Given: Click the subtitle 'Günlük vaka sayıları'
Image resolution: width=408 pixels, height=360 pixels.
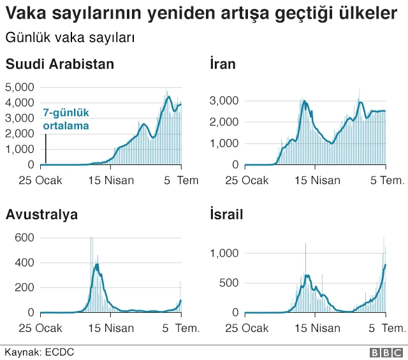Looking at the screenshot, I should (x=69, y=38).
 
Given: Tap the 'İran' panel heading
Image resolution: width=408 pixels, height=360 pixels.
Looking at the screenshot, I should (x=222, y=64).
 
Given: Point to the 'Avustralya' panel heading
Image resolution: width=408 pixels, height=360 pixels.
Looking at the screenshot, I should (x=42, y=215).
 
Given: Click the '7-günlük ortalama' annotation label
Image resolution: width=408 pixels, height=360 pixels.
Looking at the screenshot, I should (x=66, y=119).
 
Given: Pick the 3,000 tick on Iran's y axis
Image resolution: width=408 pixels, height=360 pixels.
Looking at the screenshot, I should (x=224, y=101).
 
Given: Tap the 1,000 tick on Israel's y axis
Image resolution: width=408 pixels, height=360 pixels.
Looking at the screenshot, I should (x=224, y=254).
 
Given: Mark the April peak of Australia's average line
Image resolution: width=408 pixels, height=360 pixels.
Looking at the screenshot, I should (x=97, y=264).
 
